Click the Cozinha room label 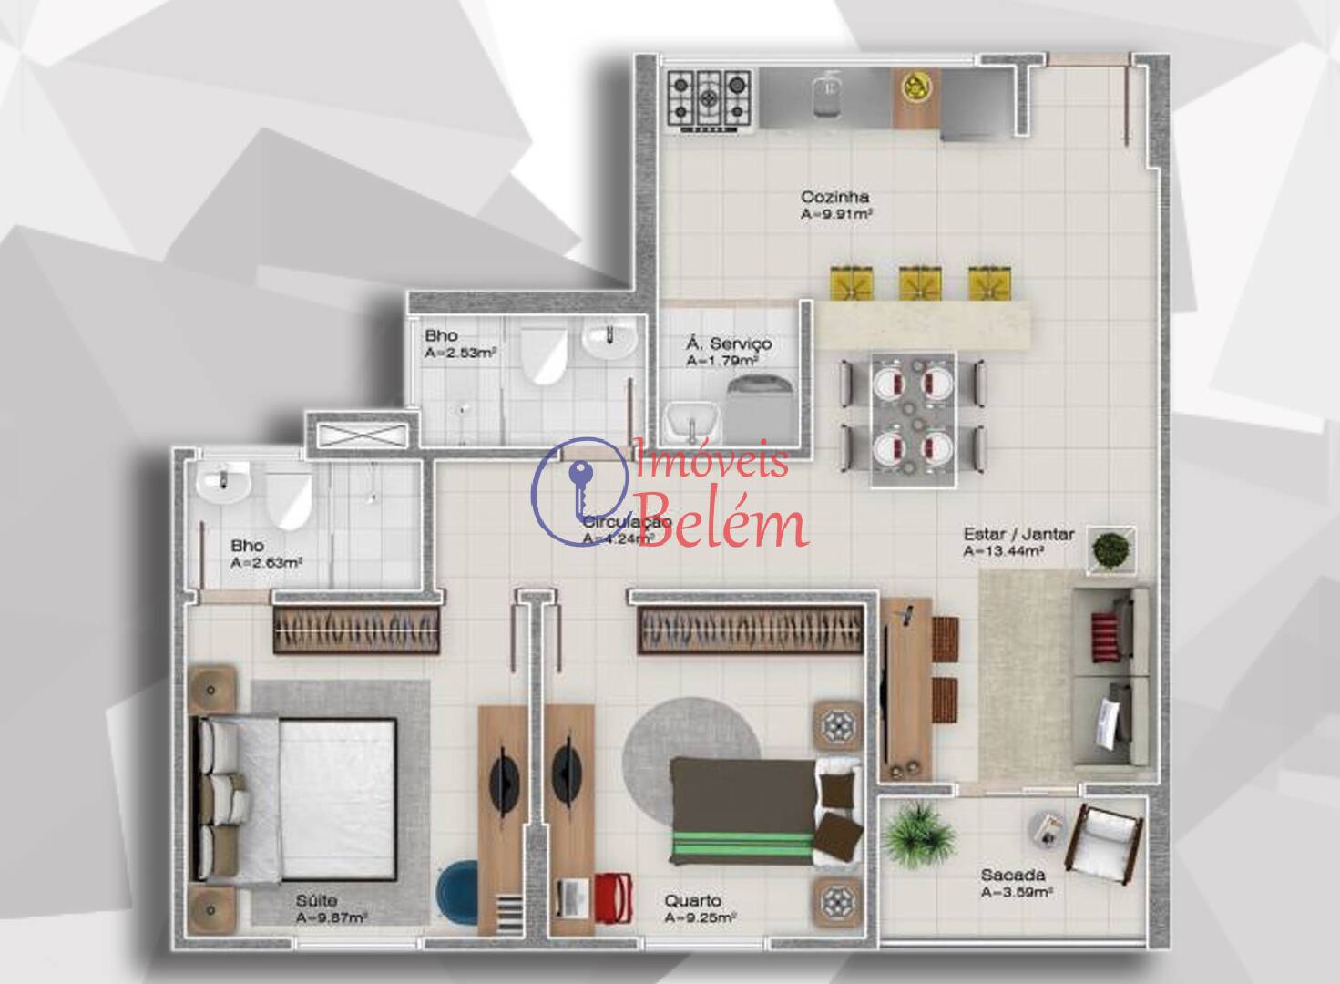click(x=834, y=197)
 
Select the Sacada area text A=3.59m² click(x=1017, y=893)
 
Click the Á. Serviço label click(x=729, y=343)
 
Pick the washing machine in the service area click(x=759, y=405)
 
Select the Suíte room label click(x=316, y=901)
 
